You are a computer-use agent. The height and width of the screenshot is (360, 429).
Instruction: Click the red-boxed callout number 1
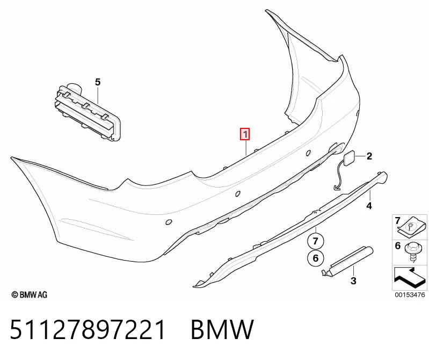[x=245, y=134]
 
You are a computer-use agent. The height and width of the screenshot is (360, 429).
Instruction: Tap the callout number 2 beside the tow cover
[x=369, y=156]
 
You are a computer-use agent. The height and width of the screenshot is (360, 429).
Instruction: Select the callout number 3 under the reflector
[x=353, y=280]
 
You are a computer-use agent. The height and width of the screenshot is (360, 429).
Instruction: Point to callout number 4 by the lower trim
[x=369, y=206]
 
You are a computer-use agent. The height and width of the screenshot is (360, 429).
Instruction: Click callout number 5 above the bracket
[x=98, y=82]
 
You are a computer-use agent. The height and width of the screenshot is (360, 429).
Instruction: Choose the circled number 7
[x=316, y=241]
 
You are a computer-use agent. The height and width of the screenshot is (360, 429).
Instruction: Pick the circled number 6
[x=316, y=258]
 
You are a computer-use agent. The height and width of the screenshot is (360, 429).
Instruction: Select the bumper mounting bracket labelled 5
[x=88, y=112]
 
